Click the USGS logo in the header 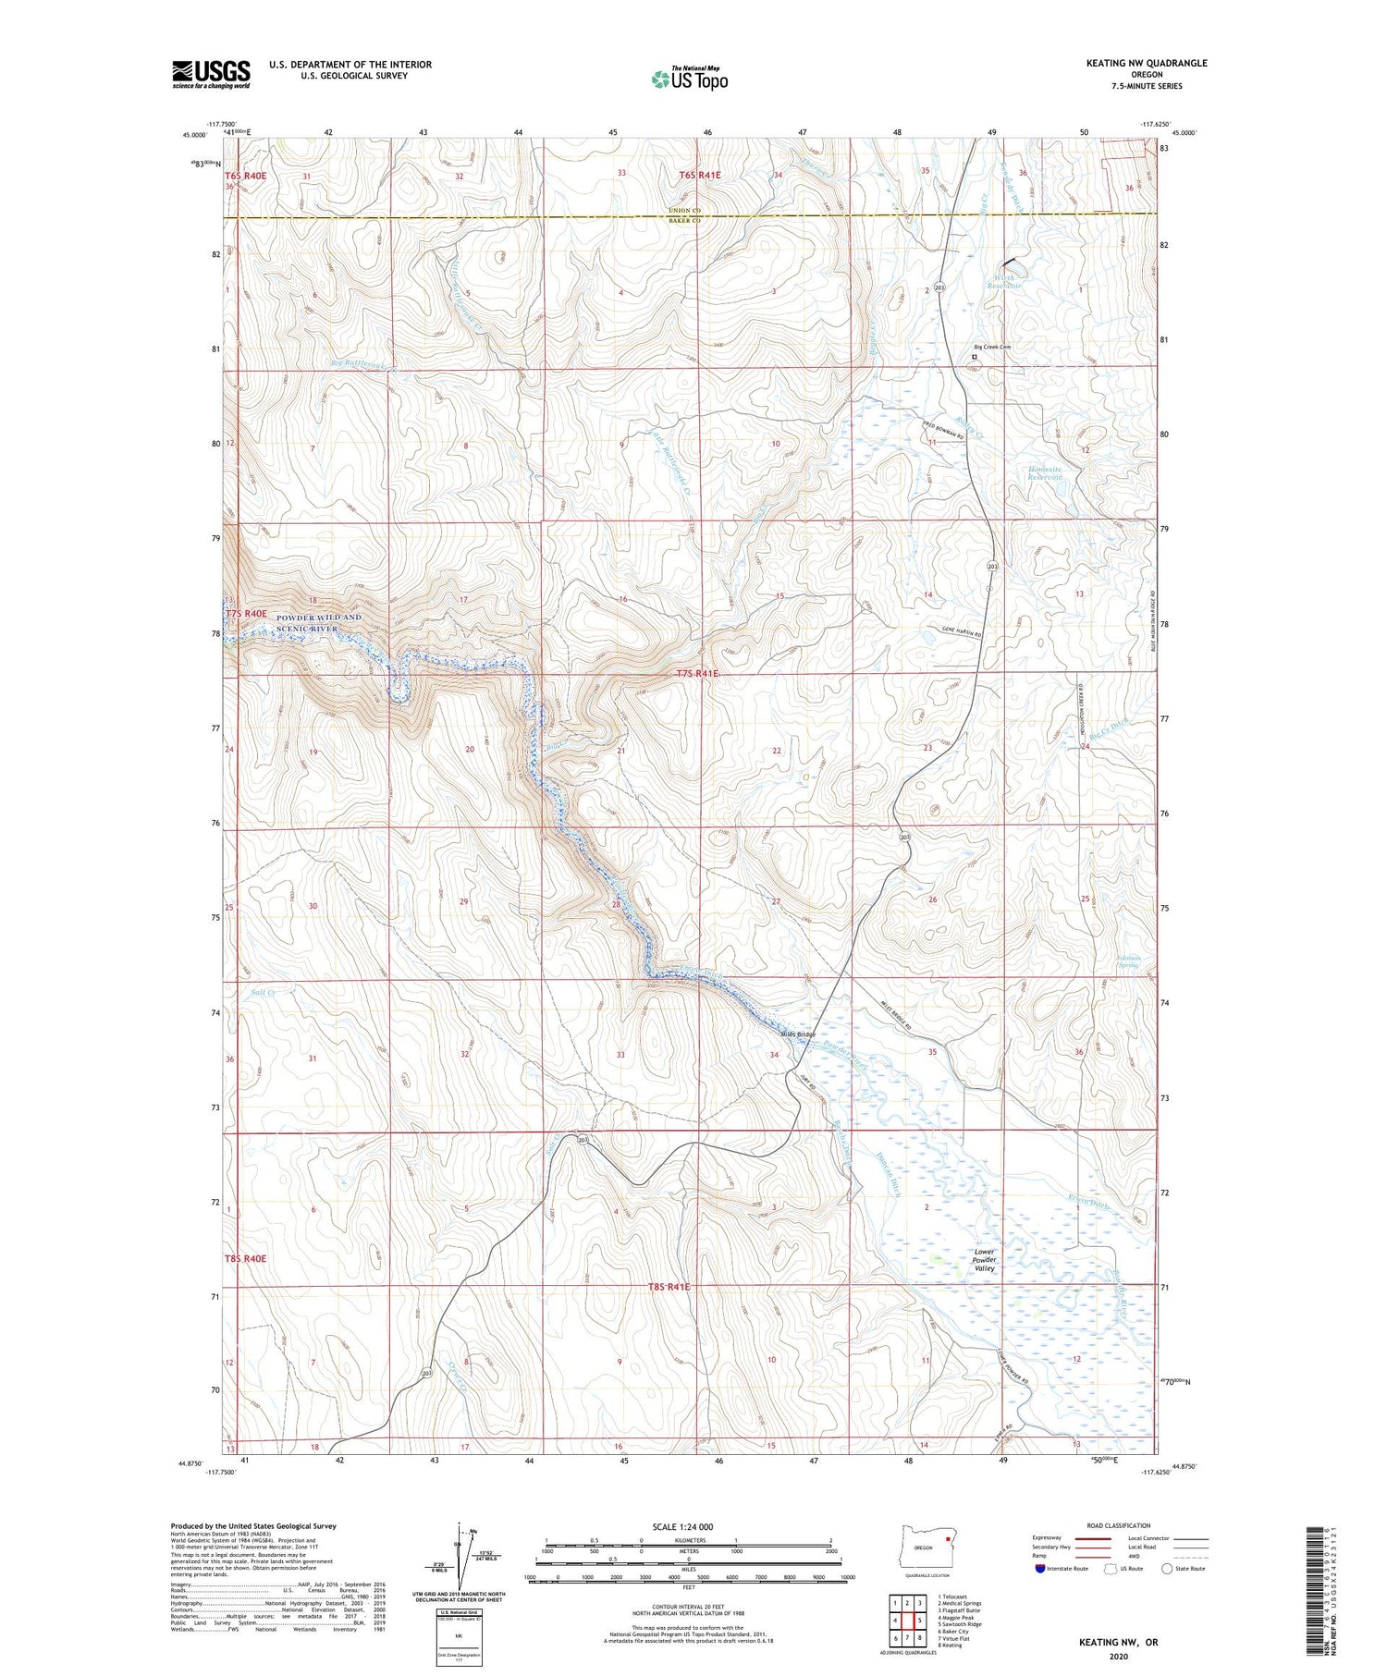211,74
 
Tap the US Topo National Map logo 689,79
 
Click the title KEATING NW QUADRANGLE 1147,63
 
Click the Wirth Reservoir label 1004,282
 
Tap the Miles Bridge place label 799,1034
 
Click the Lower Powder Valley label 984,1260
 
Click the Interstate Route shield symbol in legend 1041,1569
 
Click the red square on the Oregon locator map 947,1540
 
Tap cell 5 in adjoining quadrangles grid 919,1621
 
